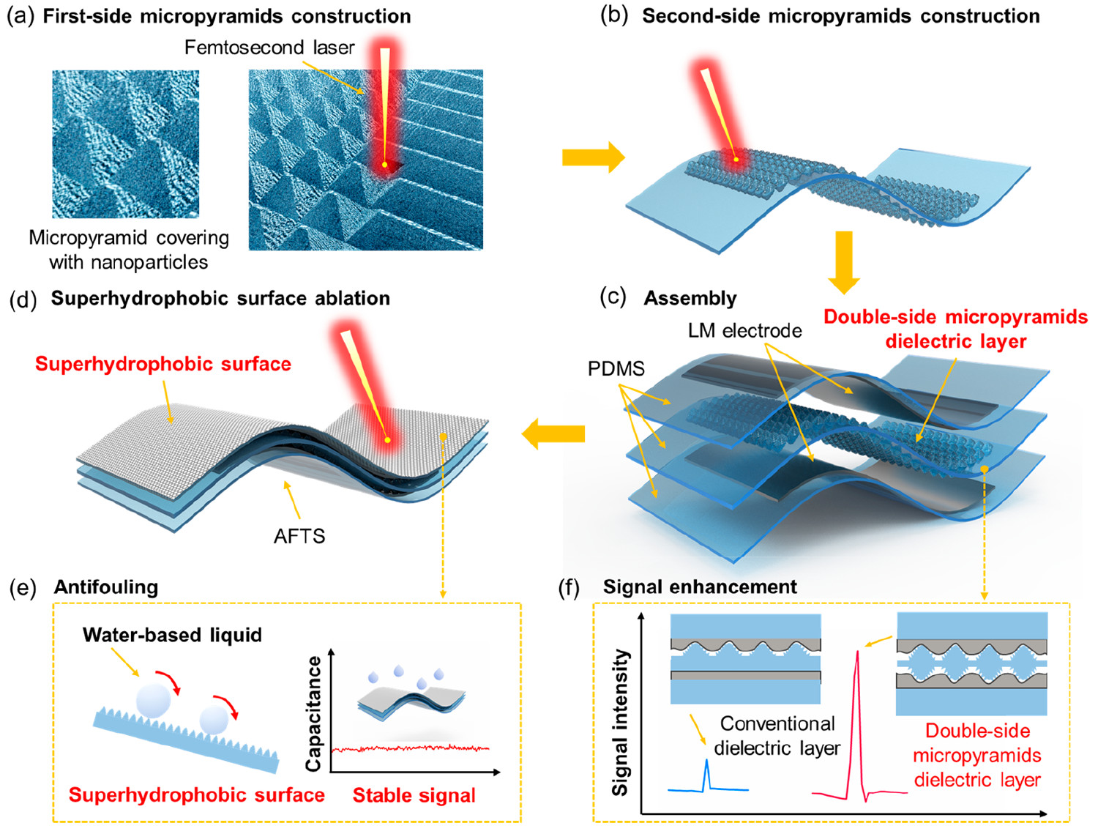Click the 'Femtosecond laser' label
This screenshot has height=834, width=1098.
269,48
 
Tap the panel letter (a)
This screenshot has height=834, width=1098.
20,16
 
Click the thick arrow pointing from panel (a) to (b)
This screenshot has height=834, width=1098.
592,157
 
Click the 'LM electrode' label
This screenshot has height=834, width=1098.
744,331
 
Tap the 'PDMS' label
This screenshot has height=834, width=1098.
616,368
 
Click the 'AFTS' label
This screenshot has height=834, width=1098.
299,536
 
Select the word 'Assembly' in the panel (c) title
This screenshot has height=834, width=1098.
690,299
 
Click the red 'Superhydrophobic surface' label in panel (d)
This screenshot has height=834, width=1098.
163,364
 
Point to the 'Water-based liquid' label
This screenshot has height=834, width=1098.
172,635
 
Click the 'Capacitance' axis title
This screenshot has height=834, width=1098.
314,714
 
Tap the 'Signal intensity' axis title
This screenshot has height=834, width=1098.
621,723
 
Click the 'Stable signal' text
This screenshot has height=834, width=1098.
414,795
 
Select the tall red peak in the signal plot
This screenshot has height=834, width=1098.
857,703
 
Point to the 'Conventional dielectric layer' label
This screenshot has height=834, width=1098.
777,736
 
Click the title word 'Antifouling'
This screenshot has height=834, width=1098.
105,587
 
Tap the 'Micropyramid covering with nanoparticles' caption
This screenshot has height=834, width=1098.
129,250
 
